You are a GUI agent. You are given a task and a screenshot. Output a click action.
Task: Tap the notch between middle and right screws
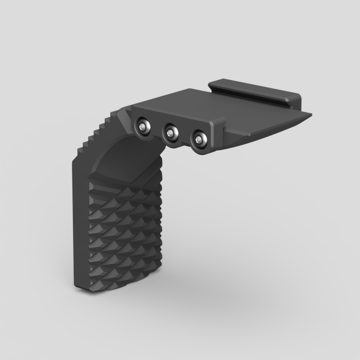[184, 144]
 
